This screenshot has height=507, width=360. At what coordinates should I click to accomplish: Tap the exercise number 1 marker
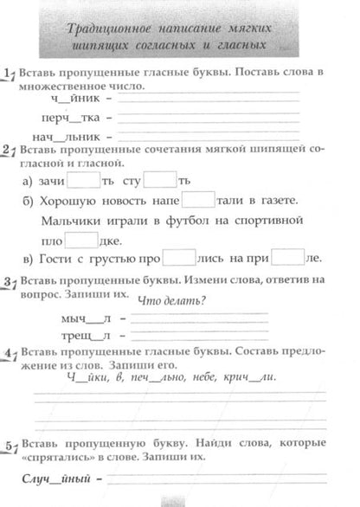(x=8, y=74)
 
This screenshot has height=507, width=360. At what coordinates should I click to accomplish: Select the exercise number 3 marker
(x=8, y=283)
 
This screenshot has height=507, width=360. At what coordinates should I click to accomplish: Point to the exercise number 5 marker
(x=8, y=445)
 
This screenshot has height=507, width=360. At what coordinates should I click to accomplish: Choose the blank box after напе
(x=197, y=200)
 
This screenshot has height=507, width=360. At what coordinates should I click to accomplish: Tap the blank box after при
(x=286, y=259)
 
